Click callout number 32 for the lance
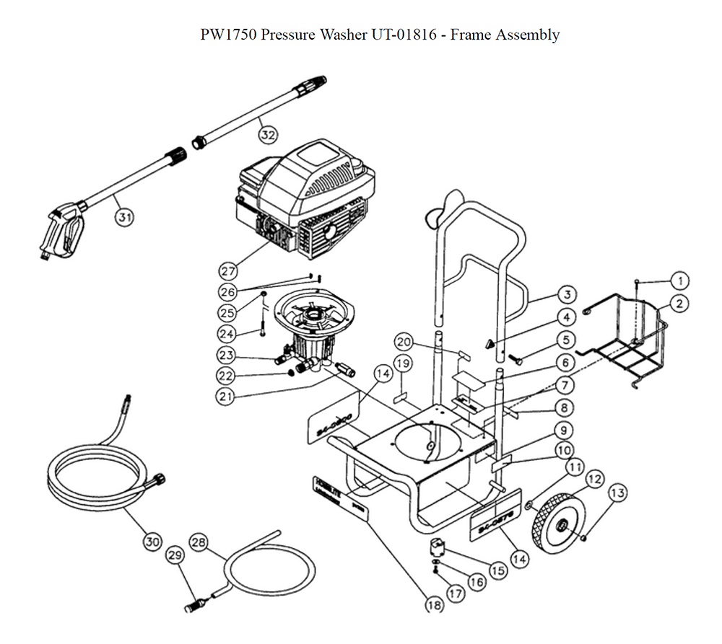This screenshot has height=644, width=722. click(268, 134)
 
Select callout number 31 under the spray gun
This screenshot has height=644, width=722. click(126, 216)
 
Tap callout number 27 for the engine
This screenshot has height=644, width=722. click(228, 271)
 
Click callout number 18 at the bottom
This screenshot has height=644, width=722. click(434, 605)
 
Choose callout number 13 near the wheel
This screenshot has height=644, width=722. click(617, 493)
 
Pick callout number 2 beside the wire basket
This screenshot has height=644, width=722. click(679, 304)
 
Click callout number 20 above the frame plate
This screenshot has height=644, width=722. click(403, 342)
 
